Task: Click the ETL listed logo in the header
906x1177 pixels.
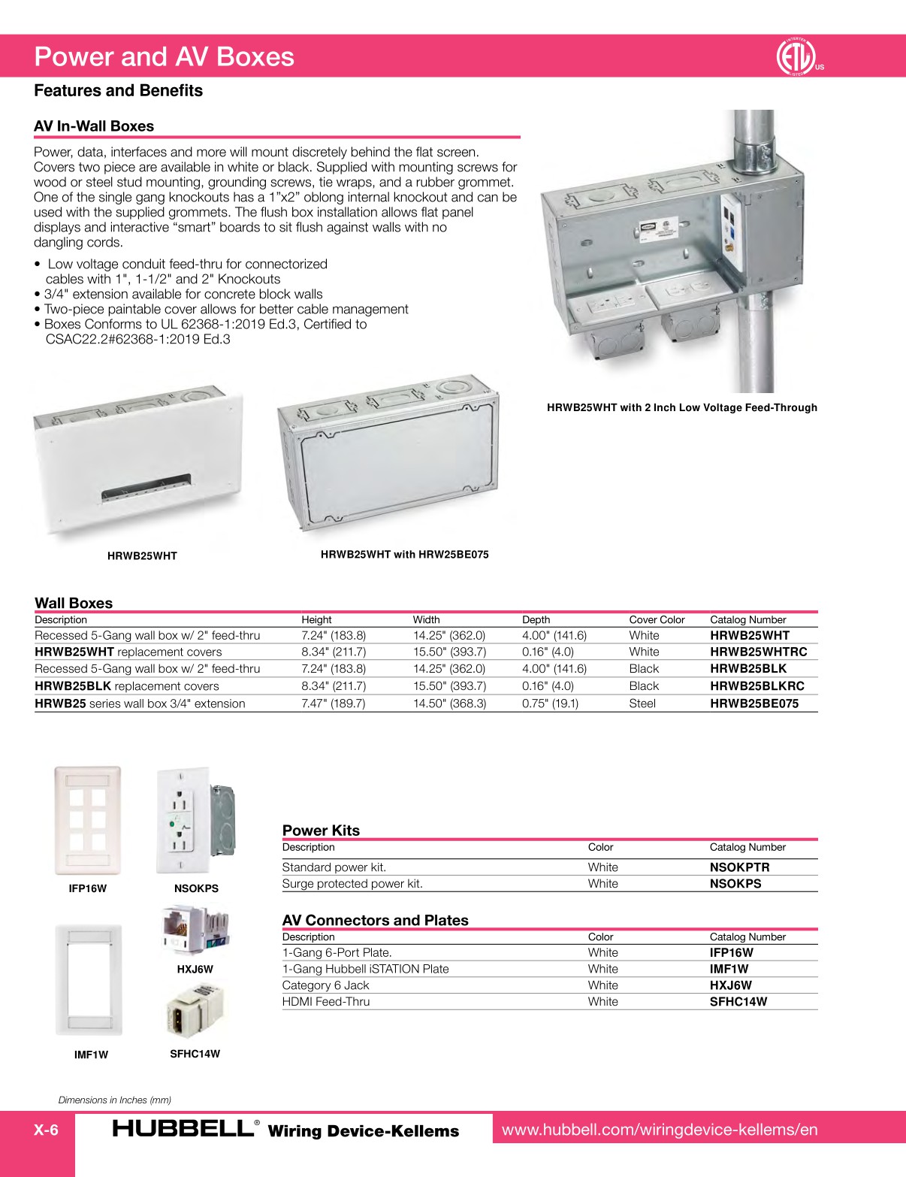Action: click(x=796, y=56)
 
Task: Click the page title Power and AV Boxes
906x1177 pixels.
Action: click(x=165, y=57)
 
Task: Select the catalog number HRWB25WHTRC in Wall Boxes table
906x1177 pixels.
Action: click(x=758, y=652)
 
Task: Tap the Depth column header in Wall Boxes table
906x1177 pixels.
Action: click(x=536, y=620)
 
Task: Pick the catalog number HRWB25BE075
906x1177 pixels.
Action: click(x=753, y=703)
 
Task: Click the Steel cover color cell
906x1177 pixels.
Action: click(x=642, y=703)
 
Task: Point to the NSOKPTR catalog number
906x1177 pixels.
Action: click(x=739, y=867)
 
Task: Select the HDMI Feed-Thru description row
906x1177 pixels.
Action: click(x=326, y=1001)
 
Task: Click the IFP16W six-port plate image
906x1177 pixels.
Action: click(x=87, y=819)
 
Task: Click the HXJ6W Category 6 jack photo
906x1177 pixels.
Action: click(x=195, y=930)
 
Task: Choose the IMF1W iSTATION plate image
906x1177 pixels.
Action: click(x=89, y=980)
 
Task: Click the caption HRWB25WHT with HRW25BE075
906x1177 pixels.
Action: click(x=404, y=555)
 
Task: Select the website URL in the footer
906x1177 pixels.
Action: click(x=659, y=1130)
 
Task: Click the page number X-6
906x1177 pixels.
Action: click(x=46, y=1130)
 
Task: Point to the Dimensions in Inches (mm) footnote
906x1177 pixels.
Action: click(x=115, y=1100)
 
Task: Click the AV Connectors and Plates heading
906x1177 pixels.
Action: click(x=375, y=920)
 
